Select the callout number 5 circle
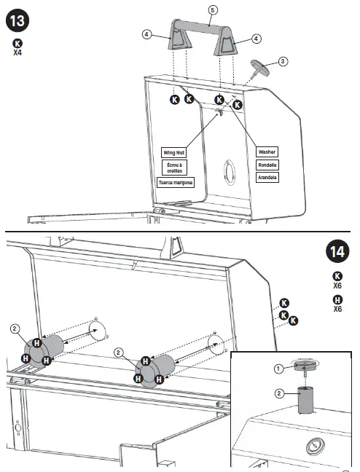coord(213,10)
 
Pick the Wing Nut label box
coord(175,152)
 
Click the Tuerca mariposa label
coord(175,182)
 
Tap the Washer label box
coord(267,152)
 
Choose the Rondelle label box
coord(267,165)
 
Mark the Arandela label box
coord(267,177)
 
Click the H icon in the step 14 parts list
coord(337,299)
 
